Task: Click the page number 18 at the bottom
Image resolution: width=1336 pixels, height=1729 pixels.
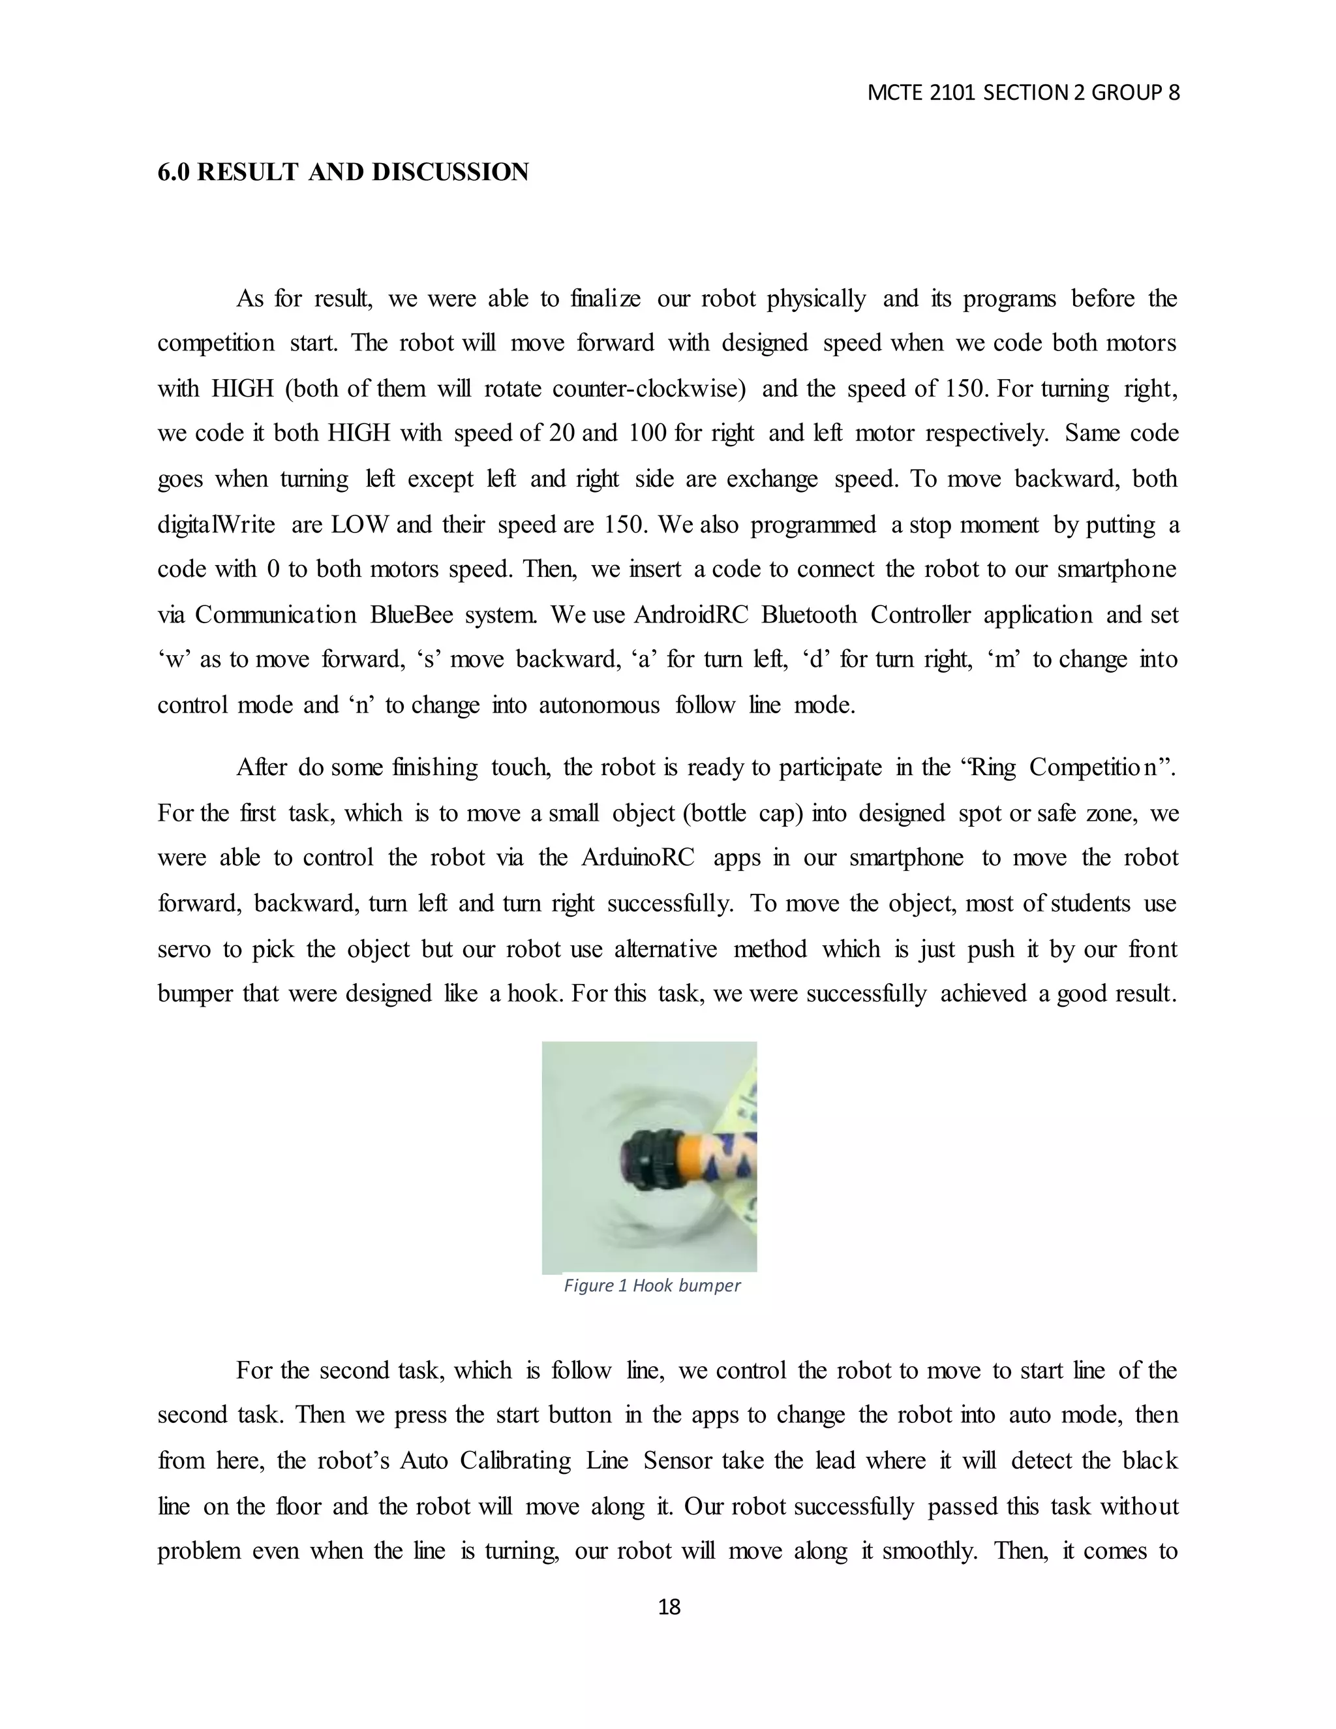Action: pyautogui.click(x=669, y=1606)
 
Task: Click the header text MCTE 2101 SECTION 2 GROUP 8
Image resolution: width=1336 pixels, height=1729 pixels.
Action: pyautogui.click(x=1023, y=93)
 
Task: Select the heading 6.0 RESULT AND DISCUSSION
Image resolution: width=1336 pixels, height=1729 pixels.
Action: pyautogui.click(x=342, y=172)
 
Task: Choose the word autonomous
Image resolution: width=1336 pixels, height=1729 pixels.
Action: pyautogui.click(x=599, y=705)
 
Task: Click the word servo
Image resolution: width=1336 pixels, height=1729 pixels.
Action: pyautogui.click(x=183, y=949)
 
